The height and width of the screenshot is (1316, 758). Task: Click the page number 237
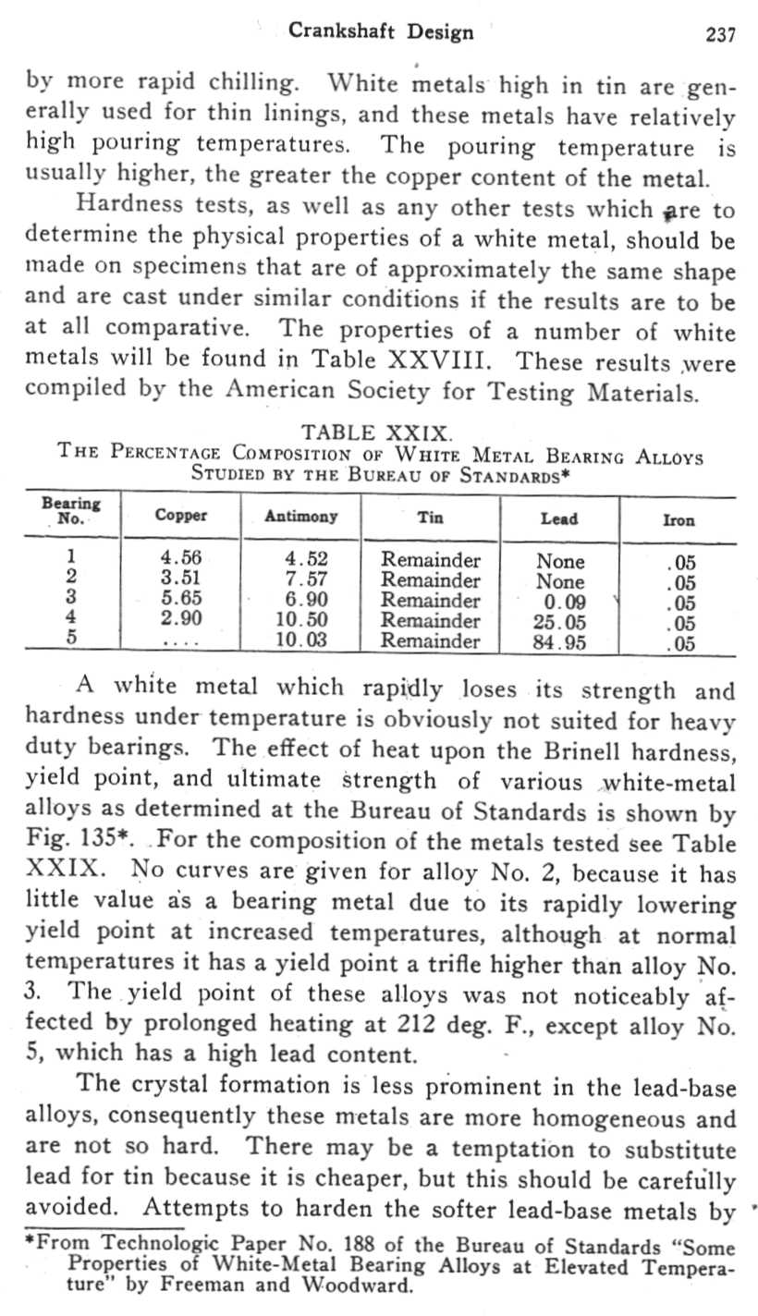tap(720, 35)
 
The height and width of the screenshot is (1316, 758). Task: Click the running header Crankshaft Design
tap(381, 32)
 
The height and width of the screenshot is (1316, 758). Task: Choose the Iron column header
tap(679, 521)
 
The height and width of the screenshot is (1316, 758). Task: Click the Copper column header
tap(181, 518)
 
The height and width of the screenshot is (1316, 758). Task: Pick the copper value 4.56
tap(181, 560)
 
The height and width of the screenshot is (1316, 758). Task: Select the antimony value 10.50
tap(303, 621)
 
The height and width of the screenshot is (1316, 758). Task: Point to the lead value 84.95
tap(561, 642)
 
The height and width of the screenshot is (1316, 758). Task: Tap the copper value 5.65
tap(181, 601)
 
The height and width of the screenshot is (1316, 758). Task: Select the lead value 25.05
tap(561, 622)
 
